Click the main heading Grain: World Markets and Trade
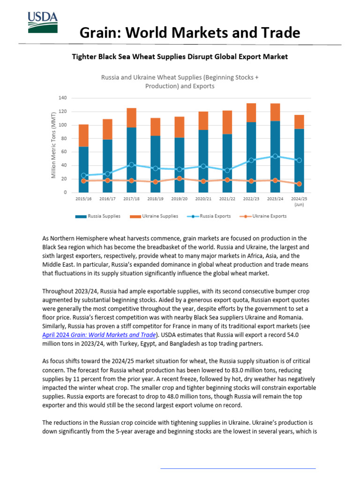(x=189, y=32)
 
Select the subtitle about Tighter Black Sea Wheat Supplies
(x=180, y=57)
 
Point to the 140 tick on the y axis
(x=63, y=98)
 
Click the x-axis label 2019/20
(x=179, y=199)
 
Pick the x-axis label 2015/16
(x=83, y=199)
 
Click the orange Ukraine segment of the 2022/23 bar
(x=251, y=112)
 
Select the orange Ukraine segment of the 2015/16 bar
(x=83, y=135)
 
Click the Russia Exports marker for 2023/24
(x=275, y=156)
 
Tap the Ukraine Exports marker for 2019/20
(x=179, y=179)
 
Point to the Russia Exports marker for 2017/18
(x=131, y=165)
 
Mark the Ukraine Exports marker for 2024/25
(x=299, y=184)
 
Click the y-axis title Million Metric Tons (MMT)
(x=53, y=144)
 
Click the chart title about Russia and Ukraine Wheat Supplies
(x=180, y=82)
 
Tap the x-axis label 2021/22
(x=227, y=199)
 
